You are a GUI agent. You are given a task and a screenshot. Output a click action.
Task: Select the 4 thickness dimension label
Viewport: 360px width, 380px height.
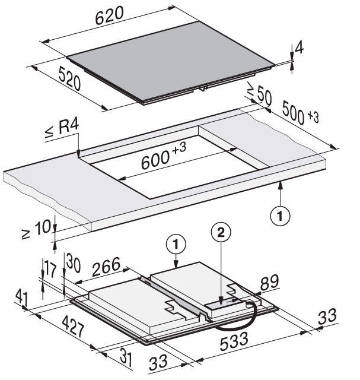[x=300, y=47]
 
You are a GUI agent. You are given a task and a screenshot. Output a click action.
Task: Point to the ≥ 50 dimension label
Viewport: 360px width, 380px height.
[x=259, y=96]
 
